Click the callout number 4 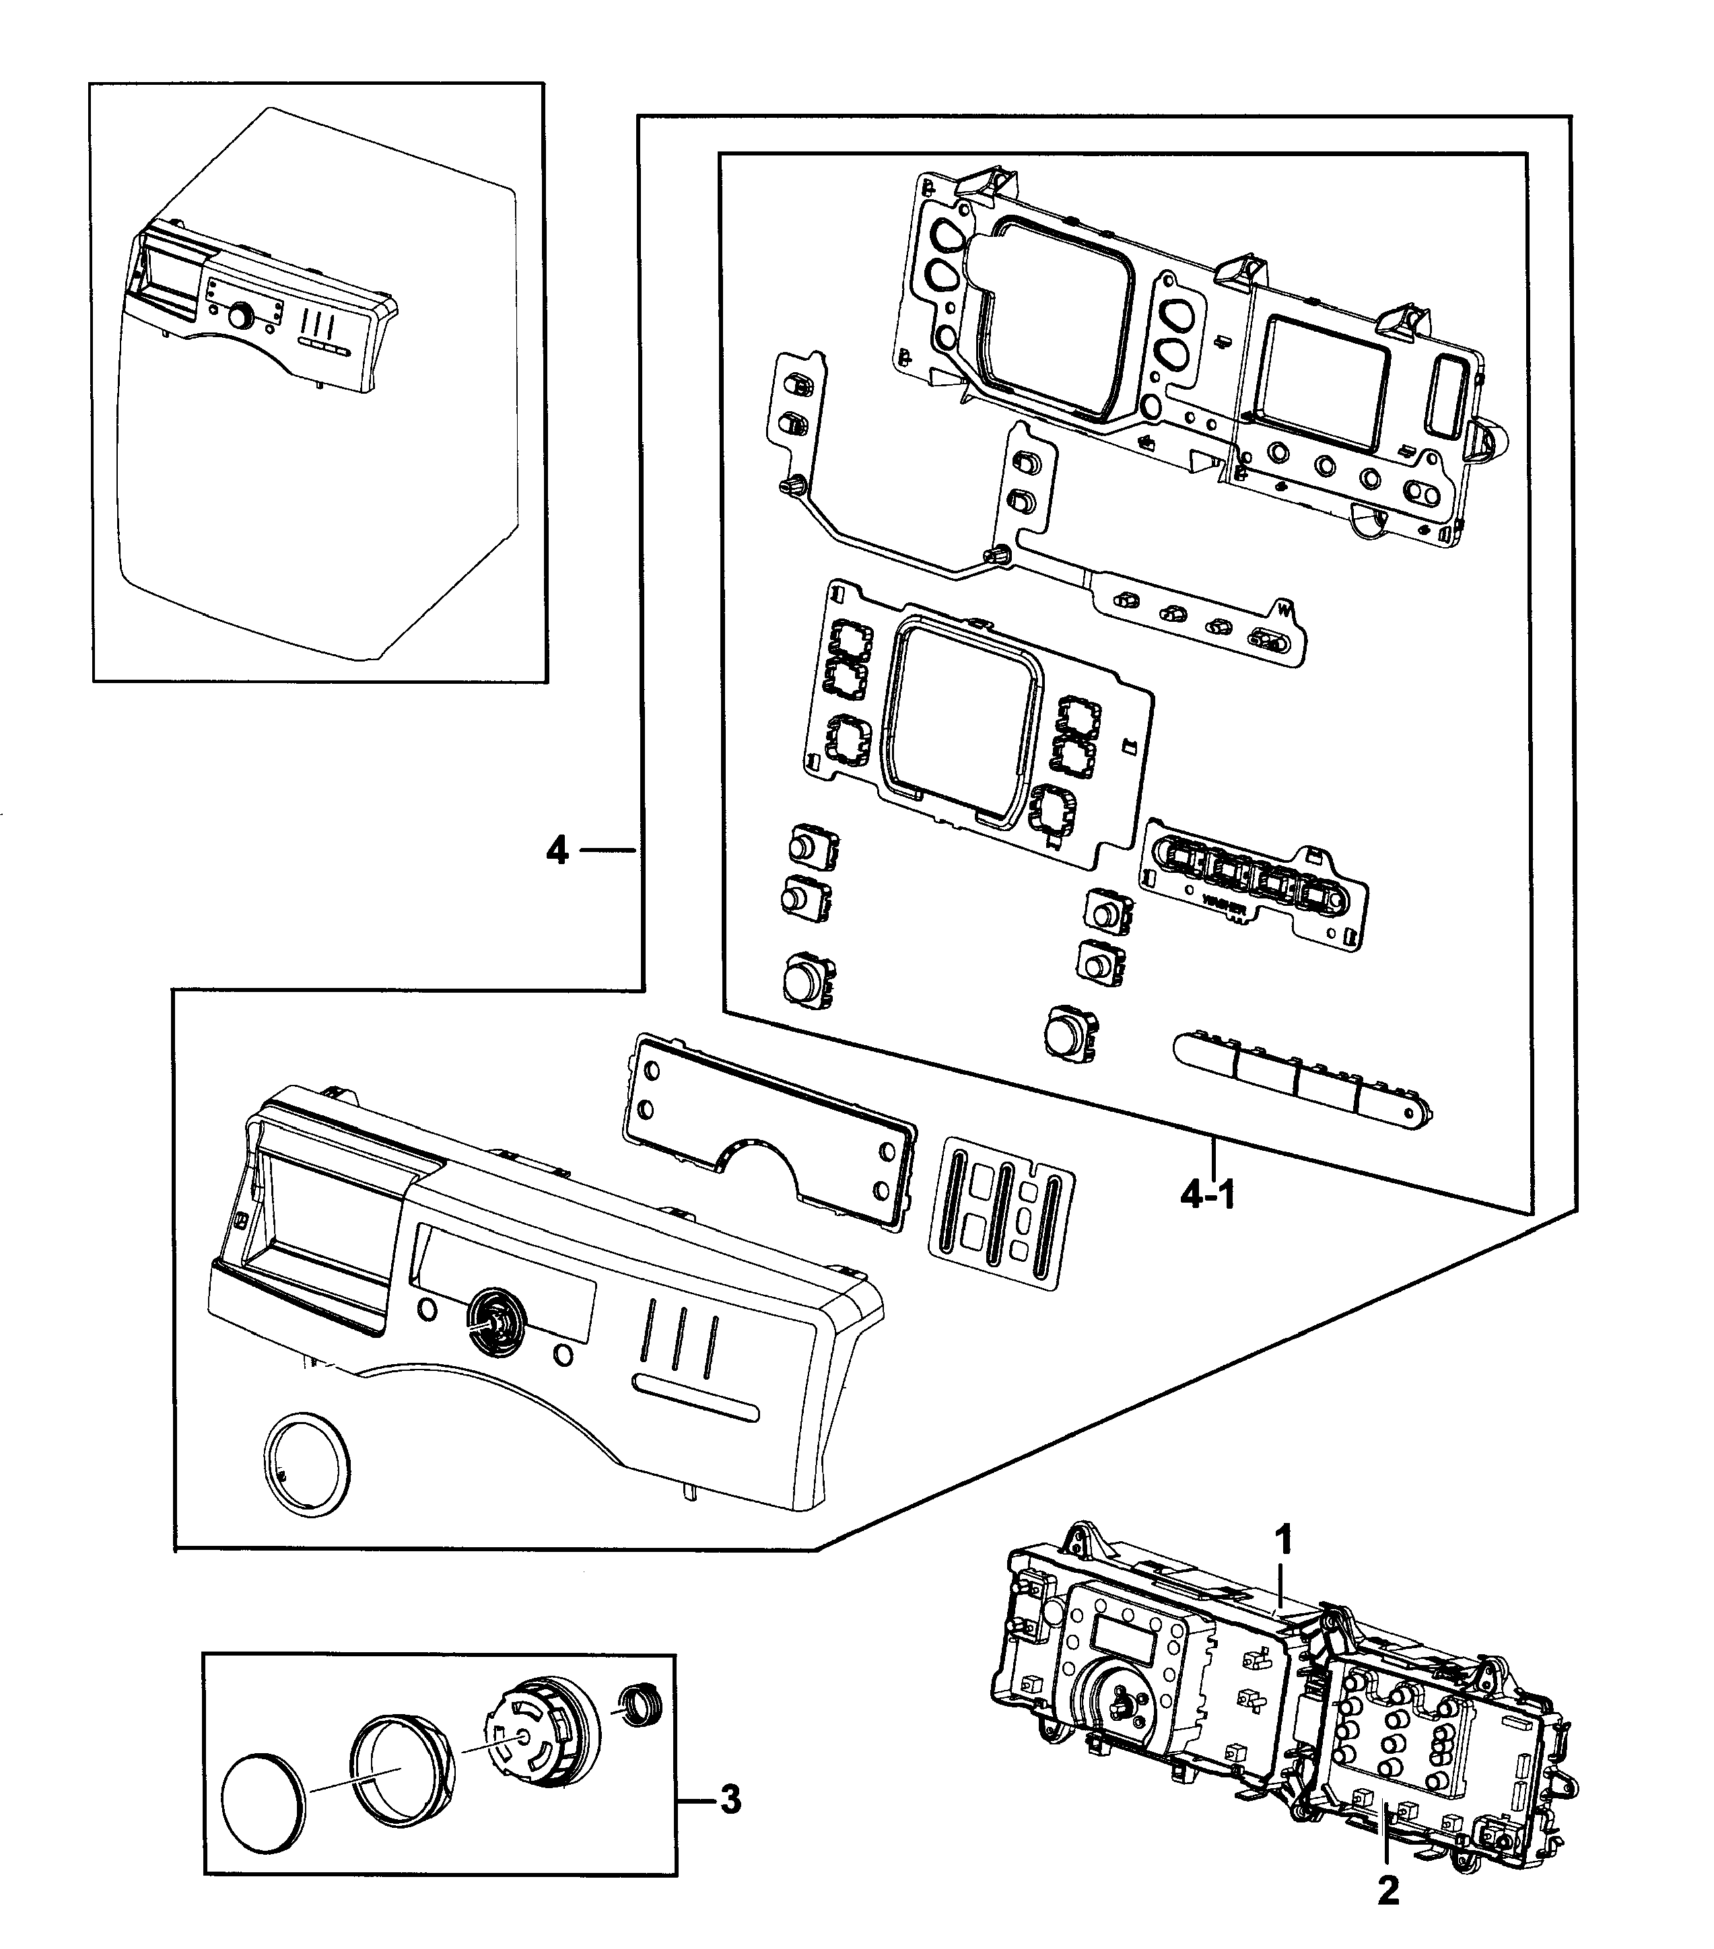pyautogui.click(x=556, y=849)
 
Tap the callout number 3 pyautogui.click(x=730, y=1801)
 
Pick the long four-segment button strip pyautogui.click(x=1302, y=1079)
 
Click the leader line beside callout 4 pyautogui.click(x=607, y=849)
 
